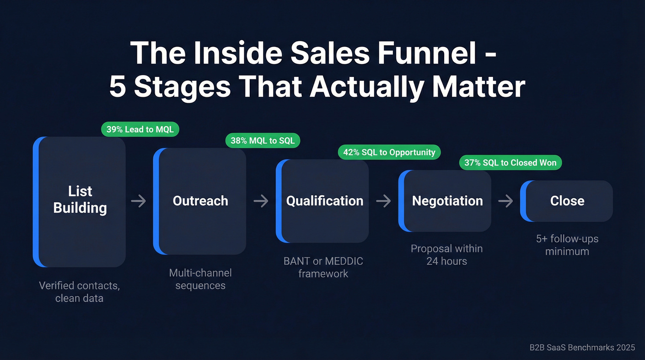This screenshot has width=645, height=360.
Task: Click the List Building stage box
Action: [80, 201]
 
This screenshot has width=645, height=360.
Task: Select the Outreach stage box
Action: [200, 201]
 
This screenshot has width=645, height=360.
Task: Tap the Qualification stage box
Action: [322, 201]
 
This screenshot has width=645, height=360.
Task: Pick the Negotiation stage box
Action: [445, 201]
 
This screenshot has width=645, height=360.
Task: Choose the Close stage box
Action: [567, 201]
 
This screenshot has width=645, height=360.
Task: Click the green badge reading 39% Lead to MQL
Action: [140, 130]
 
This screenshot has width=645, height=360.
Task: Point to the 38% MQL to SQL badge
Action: [263, 141]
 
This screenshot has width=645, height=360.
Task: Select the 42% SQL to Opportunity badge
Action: [389, 152]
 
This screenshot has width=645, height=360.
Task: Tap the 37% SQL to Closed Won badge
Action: [510, 162]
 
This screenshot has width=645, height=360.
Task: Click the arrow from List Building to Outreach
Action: [139, 201]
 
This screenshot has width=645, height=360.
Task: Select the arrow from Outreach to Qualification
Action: [261, 201]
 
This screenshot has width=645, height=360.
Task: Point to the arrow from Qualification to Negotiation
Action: [383, 201]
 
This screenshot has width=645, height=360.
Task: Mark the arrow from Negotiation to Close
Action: [505, 201]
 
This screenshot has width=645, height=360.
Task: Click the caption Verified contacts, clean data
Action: [79, 292]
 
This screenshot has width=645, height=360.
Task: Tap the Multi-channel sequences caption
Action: [200, 279]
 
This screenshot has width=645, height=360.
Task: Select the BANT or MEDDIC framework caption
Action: [323, 267]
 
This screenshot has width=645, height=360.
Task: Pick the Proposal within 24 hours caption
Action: [446, 255]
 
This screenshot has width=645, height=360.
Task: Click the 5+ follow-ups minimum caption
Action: [567, 245]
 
